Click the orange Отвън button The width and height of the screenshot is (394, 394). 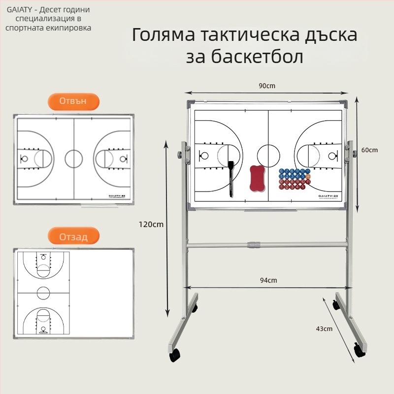coord(73,101)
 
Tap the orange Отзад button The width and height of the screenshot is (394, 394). coord(73,237)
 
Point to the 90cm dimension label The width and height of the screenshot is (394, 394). coord(267,86)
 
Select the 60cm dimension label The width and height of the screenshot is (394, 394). coord(370,150)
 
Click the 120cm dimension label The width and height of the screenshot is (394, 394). coord(151,224)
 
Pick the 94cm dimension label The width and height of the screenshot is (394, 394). coord(269,280)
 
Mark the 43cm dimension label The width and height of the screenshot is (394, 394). coord(325,328)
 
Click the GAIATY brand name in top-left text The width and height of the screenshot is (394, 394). coord(18,10)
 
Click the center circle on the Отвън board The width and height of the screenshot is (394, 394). coord(74,159)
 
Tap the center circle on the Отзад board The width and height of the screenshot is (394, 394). coord(43,293)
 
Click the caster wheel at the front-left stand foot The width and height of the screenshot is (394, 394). coord(175,356)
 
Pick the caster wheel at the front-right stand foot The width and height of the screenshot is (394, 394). coord(359,351)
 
